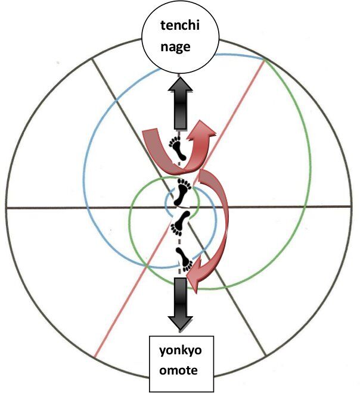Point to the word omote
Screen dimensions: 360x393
181,370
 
